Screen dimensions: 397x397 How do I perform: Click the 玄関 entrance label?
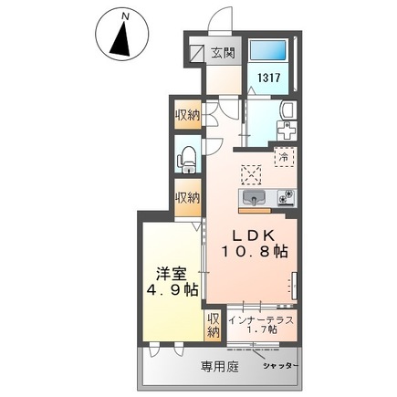coord(222,53)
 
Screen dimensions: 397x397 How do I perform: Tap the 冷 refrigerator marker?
coord(284,157)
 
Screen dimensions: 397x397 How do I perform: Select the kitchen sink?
coord(253,197)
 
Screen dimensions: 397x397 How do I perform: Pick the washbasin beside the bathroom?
coord(287,112)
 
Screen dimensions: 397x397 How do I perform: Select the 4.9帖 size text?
coord(170,290)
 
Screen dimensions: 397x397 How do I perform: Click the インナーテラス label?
coord(262,319)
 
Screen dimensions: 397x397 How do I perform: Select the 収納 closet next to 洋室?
coord(213,326)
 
